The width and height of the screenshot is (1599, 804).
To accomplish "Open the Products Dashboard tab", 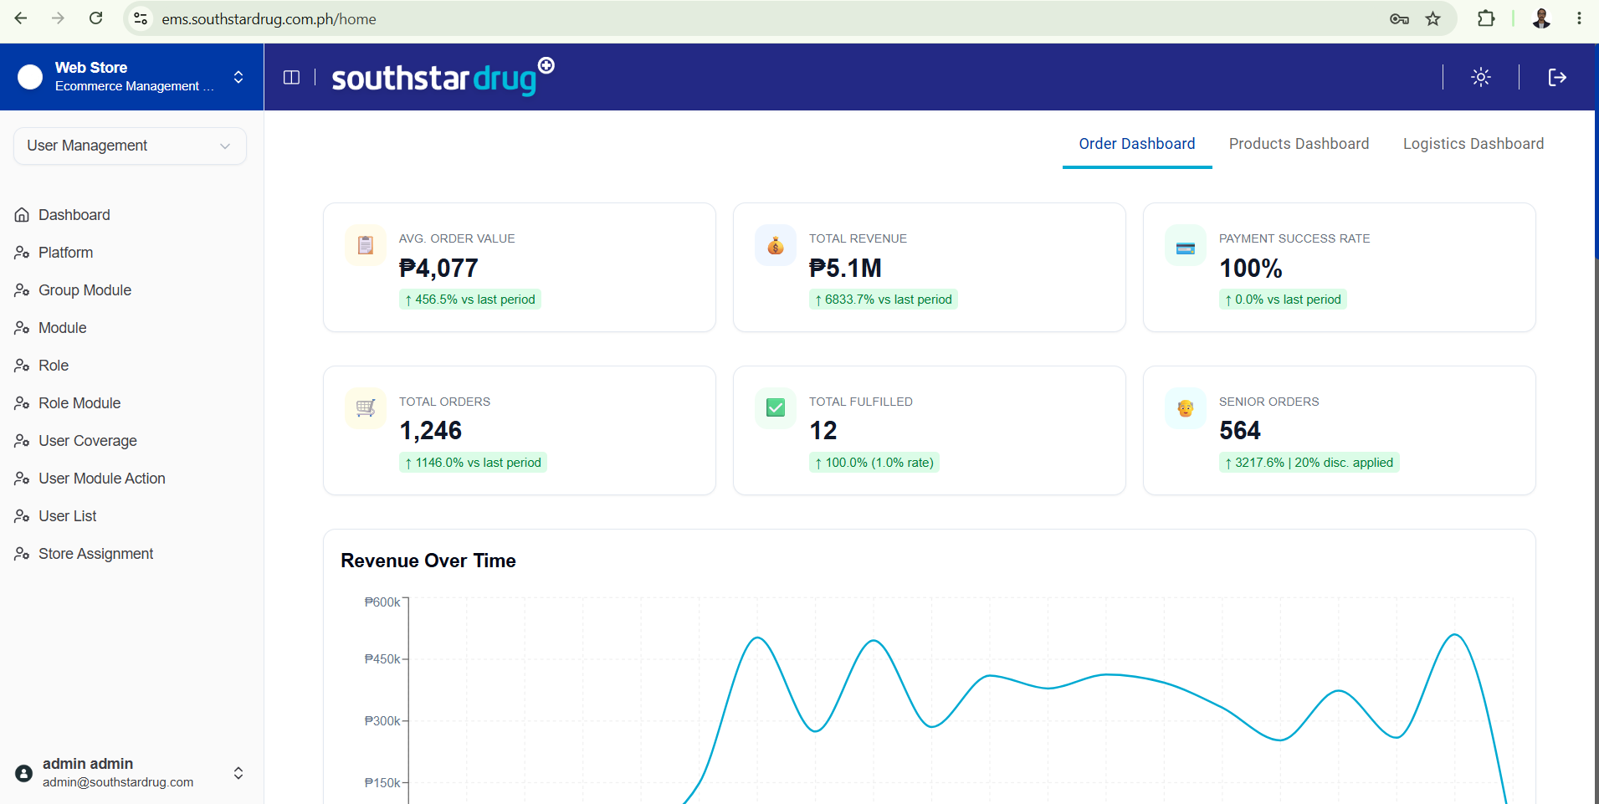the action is pos(1299,144).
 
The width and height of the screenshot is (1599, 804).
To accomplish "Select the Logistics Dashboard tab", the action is pos(1473,144).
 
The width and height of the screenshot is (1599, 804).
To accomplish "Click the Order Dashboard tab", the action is pos(1137,144).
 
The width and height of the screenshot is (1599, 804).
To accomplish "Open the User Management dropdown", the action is pos(130,146).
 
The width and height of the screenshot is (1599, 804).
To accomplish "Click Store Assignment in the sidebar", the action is pos(95,554).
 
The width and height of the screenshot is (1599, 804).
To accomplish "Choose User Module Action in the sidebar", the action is pos(102,479).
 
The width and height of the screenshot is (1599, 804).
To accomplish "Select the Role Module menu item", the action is pos(79,403).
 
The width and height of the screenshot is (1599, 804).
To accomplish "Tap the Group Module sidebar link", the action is pos(85,290).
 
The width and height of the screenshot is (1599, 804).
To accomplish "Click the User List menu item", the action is pos(68,516).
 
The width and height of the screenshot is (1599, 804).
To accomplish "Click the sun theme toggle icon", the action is pos(1481,77).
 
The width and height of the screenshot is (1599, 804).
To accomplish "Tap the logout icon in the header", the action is pos(1557,77).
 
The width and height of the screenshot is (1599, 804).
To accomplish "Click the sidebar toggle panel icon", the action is pos(291,77).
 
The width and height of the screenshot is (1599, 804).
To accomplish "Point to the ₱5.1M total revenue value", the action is pos(845,269).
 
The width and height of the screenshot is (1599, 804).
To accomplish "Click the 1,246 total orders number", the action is pos(430,431).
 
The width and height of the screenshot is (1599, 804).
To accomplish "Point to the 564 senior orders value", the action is pos(1240,431).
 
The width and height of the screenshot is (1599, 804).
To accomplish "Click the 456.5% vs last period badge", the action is pos(470,300).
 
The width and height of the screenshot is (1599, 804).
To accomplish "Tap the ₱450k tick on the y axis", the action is pos(383,659).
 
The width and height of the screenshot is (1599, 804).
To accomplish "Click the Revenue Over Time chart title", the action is pos(428,561).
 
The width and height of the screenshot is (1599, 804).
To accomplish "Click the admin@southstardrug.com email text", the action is pos(118,782).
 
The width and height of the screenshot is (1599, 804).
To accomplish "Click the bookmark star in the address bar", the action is pos(1433,18).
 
